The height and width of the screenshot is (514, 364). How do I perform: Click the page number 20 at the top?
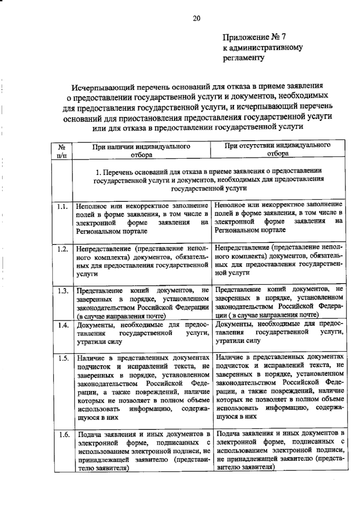coord(197,19)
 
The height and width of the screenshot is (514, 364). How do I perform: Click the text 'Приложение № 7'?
coord(254,37)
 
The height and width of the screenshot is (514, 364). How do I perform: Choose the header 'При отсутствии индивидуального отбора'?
coord(277,149)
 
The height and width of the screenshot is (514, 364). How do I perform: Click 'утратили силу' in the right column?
coord(238,341)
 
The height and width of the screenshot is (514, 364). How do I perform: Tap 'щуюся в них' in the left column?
coord(98,417)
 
